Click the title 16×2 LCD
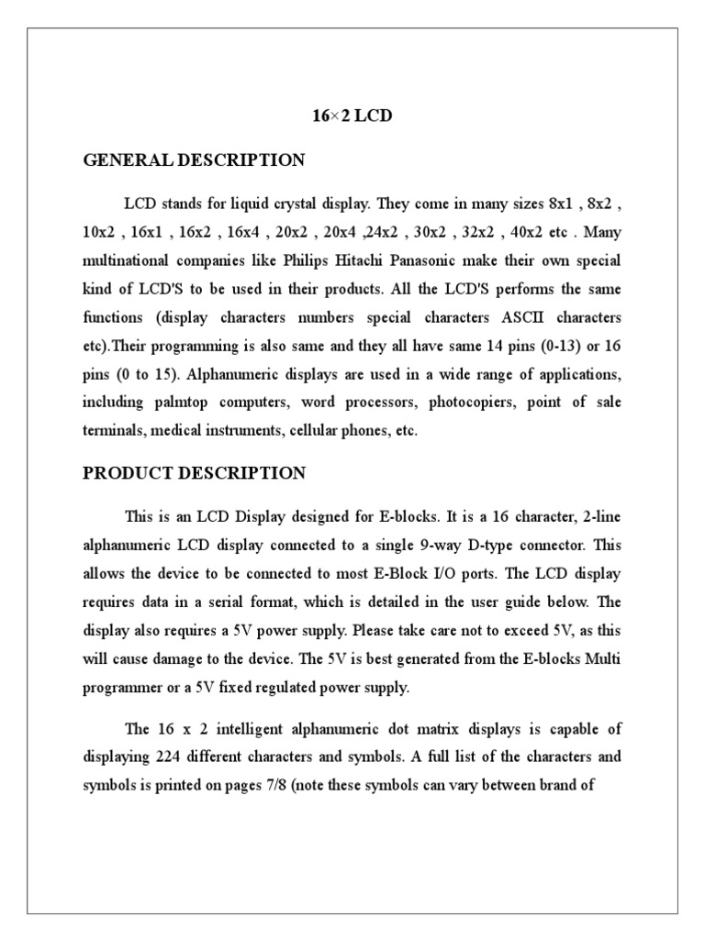352,118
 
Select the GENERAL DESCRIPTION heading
194,160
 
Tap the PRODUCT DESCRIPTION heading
194,473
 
